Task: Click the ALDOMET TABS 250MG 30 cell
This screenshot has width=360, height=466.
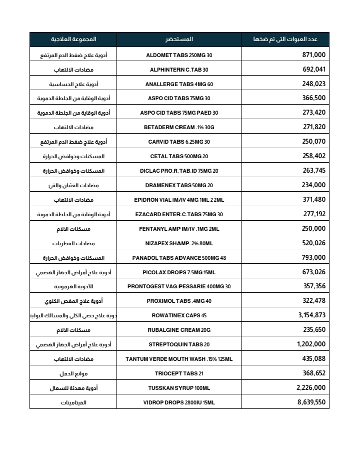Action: coord(179,55)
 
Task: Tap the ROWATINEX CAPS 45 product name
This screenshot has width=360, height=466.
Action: coord(179,316)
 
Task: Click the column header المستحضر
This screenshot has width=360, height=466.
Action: coord(179,39)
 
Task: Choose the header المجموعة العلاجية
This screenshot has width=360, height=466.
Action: coord(73,39)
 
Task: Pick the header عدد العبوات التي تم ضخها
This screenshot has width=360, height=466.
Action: coord(285,39)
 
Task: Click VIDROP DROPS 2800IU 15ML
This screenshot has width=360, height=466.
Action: coord(179,402)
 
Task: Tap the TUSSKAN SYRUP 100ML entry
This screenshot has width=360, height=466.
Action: coord(179,388)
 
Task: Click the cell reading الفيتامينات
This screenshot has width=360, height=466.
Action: coord(73,402)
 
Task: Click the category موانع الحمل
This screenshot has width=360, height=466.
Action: coord(73,373)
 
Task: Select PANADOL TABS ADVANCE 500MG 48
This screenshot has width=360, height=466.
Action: coord(179,258)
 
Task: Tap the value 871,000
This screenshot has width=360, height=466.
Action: coord(314,55)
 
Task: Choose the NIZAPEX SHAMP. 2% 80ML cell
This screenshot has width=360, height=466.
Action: coord(179,243)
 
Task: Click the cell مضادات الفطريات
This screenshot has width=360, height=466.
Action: coord(73,243)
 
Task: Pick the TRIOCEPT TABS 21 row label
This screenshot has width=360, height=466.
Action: coord(179,373)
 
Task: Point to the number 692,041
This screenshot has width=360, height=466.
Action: coord(314,70)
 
